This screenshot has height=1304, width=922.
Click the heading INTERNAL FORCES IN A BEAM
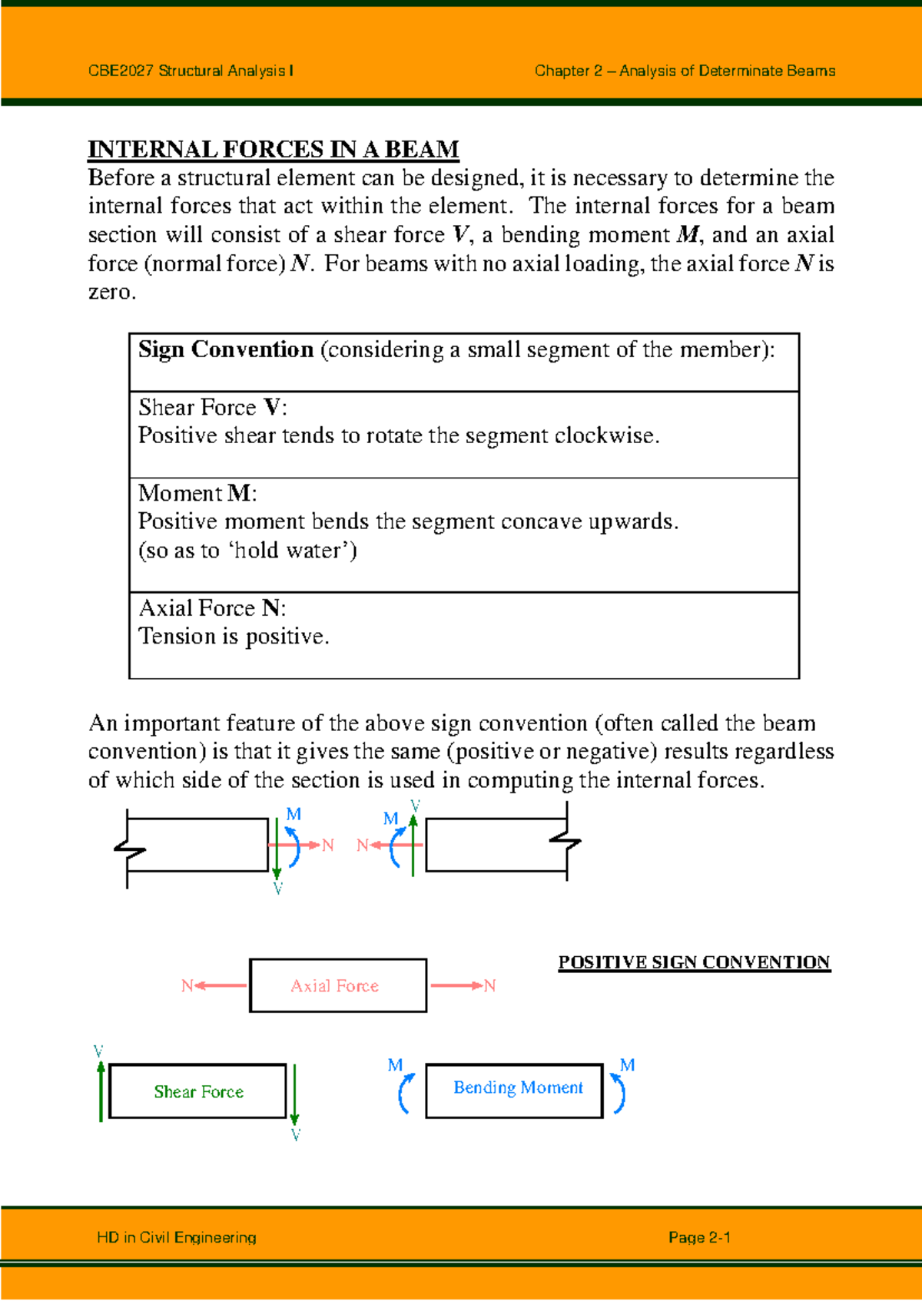pyautogui.click(x=274, y=149)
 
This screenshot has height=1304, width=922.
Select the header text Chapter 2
pyautogui.click(x=568, y=71)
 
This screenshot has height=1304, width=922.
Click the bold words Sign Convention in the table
pyautogui.click(x=226, y=350)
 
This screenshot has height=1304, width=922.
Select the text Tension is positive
pyautogui.click(x=234, y=637)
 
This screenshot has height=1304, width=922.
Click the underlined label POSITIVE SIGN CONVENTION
pyautogui.click(x=694, y=962)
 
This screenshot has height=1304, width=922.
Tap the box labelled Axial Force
pyautogui.click(x=337, y=985)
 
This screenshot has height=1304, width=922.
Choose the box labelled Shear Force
pyautogui.click(x=198, y=1091)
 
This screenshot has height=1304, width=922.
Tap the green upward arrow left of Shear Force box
pyautogui.click(x=101, y=1091)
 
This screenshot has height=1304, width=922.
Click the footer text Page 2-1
pyautogui.click(x=699, y=1238)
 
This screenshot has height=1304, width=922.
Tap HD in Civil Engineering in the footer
pyautogui.click(x=177, y=1238)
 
